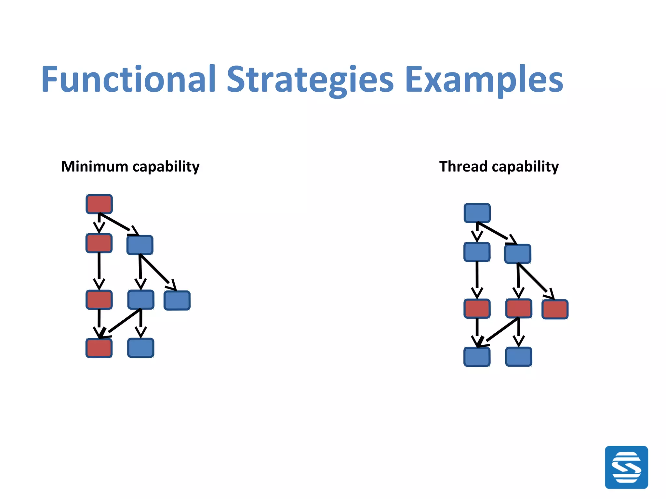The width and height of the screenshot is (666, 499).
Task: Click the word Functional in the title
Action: (x=128, y=80)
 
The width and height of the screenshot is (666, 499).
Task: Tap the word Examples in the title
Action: (x=484, y=80)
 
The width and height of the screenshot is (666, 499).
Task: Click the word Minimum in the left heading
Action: (x=95, y=167)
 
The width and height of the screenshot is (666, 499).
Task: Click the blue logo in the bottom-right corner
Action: (x=626, y=467)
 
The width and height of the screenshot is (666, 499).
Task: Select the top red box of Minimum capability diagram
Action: (x=99, y=204)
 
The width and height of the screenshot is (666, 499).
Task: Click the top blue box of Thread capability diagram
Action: (x=477, y=213)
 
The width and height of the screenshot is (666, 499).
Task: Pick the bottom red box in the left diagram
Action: (x=99, y=348)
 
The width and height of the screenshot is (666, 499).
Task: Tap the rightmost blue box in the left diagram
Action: (x=177, y=301)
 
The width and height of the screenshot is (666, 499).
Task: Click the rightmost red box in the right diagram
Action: (x=555, y=309)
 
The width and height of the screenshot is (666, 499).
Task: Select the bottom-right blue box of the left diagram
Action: (x=140, y=348)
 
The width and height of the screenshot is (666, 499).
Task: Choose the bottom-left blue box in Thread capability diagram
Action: (x=477, y=357)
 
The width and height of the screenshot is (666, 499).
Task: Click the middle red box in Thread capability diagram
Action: (x=519, y=308)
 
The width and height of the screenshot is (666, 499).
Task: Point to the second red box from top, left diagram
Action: (x=99, y=243)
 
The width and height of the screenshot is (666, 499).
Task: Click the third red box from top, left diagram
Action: (x=99, y=300)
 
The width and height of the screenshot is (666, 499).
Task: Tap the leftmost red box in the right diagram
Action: (x=477, y=308)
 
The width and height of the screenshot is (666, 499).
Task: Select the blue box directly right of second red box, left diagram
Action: (x=140, y=245)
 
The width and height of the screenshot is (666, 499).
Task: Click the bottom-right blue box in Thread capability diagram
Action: (x=519, y=357)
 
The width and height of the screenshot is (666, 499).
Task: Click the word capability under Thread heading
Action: (x=525, y=167)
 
